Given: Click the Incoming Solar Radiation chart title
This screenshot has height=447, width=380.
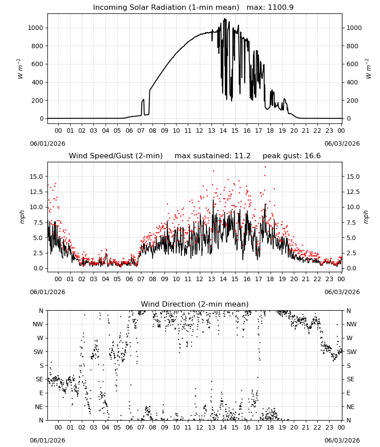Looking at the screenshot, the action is tap(166, 8).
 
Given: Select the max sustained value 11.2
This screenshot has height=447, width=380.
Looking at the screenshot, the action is tap(242, 156).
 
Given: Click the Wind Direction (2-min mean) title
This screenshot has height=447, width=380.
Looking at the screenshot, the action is tap(195, 304).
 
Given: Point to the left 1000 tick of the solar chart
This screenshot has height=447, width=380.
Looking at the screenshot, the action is tap(35, 28).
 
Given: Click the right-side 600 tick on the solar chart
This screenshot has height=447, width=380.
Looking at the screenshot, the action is tap(352, 64).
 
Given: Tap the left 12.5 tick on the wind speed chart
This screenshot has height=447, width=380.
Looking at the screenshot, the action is tap(36, 192).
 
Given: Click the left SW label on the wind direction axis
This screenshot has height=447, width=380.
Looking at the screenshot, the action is tap(38, 352).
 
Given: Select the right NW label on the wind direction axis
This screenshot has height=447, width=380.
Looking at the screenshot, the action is tap(351, 325).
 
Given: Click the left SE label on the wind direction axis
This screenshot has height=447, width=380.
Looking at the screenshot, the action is tap(39, 379).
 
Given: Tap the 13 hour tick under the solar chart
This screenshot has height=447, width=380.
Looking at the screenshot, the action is tap(211, 131).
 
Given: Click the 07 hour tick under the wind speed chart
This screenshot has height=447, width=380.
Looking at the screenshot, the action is tap(141, 279).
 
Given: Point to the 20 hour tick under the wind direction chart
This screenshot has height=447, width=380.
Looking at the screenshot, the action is tap(294, 427).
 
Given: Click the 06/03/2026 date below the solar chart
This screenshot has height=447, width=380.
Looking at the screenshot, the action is tap(342, 143).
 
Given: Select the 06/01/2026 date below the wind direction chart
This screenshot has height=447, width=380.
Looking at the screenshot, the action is tap(47, 440).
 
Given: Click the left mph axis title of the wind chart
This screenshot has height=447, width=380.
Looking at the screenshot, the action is tap(22, 217).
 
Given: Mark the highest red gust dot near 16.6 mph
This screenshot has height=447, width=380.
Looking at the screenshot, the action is tap(265, 167).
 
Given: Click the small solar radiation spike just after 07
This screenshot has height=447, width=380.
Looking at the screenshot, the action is tap(143, 100).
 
